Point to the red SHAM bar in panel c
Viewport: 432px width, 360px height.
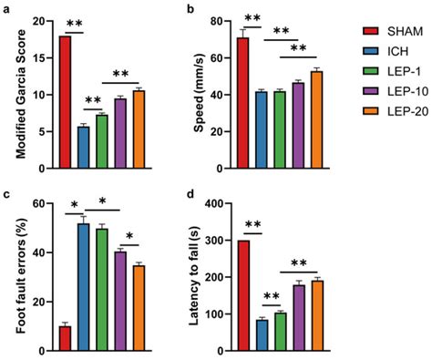pyautogui.click(x=65, y=338)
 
